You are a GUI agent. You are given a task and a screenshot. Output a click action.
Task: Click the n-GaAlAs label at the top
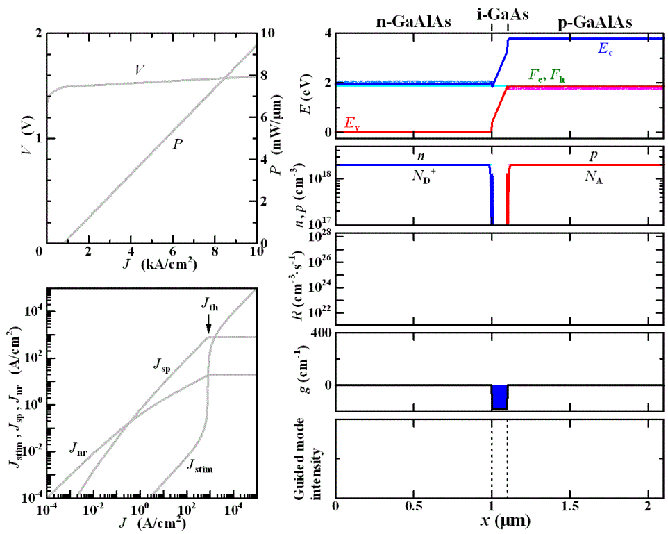tap(413, 22)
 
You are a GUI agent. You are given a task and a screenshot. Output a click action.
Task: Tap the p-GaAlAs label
tap(595, 22)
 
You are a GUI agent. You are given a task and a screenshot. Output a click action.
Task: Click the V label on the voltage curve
tap(140, 69)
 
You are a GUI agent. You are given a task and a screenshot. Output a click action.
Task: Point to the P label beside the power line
tap(178, 144)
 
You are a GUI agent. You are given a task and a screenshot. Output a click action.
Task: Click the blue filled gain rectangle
tap(499, 397)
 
